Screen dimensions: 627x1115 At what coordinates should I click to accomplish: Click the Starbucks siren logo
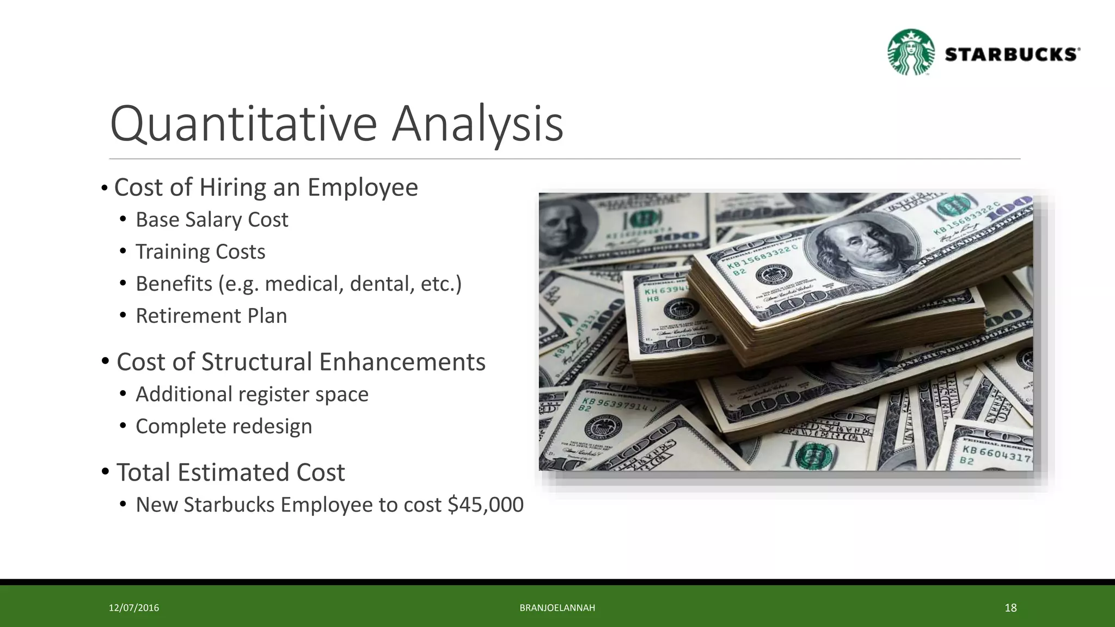(911, 52)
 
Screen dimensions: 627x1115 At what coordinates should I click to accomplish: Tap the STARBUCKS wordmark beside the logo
(1012, 54)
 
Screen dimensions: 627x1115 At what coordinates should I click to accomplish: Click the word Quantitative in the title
(243, 124)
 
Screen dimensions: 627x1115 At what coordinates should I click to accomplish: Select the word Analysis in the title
(477, 124)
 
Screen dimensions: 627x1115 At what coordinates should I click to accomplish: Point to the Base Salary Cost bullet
(212, 220)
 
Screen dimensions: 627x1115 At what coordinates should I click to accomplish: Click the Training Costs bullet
(200, 252)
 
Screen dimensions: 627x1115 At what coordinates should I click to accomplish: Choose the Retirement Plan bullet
(211, 316)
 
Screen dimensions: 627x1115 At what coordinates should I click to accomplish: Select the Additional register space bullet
(252, 394)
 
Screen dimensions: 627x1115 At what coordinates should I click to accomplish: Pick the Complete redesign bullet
(224, 426)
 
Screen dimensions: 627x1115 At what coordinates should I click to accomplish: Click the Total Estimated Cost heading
(230, 472)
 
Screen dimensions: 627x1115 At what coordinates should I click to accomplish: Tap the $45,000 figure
(485, 505)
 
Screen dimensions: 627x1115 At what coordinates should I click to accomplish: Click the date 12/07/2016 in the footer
(134, 608)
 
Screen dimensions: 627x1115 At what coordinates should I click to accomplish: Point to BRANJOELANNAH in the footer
(557, 608)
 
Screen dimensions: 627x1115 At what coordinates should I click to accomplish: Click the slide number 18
(1010, 608)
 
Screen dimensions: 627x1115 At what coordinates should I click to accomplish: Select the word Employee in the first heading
(363, 187)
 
